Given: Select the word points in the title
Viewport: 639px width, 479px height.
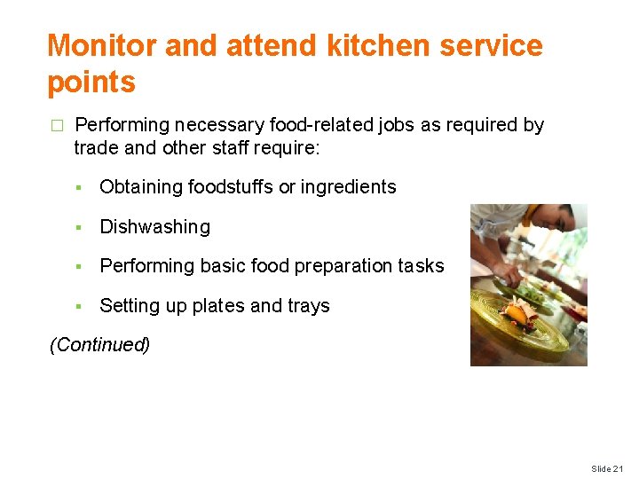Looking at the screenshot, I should pyautogui.click(x=91, y=82).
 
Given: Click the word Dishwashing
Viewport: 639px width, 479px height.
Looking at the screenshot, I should pyautogui.click(x=154, y=227).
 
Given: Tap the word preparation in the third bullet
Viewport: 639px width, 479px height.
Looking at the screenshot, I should pyautogui.click(x=332, y=266).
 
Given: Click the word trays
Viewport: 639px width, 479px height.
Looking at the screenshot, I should pyautogui.click(x=309, y=306).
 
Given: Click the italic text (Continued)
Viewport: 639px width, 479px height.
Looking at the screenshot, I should pyautogui.click(x=99, y=345).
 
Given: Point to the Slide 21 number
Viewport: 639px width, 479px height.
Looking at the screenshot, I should pyautogui.click(x=608, y=468).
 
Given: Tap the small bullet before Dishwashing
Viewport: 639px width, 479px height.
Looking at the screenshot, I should pyautogui.click(x=78, y=228).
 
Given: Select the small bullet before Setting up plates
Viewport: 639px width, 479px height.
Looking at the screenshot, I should pyautogui.click(x=78, y=307).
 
